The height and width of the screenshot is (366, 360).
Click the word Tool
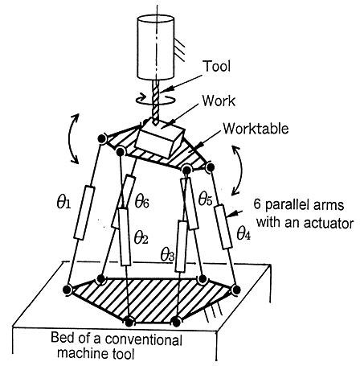point(217,66)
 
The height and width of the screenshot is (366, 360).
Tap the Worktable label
point(256,129)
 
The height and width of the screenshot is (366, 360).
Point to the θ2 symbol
point(141,237)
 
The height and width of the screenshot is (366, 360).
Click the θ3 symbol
point(167,254)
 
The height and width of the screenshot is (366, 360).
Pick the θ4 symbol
point(243,233)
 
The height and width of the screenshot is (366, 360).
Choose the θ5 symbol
point(205,199)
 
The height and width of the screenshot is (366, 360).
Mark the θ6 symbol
point(141,202)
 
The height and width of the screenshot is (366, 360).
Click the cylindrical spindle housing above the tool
point(156,47)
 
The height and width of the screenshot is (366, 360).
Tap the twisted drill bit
point(156,102)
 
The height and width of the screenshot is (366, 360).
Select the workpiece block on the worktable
point(160,138)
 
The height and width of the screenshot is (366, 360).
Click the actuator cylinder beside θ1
point(84,212)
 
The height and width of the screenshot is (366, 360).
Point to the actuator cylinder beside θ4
point(223,227)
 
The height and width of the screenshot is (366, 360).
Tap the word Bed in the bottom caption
point(62,338)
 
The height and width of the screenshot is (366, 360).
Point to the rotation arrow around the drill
point(156,99)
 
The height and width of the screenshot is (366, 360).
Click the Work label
point(219,101)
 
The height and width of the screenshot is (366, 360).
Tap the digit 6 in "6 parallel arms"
point(257,204)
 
